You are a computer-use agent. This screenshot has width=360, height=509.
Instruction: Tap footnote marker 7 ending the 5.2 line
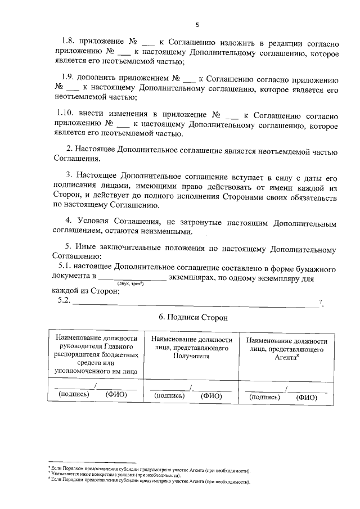coord(321,303)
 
